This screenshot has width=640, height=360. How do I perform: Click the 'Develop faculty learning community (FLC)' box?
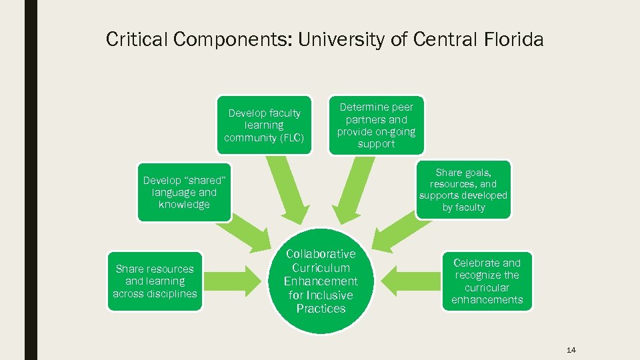click(264, 125)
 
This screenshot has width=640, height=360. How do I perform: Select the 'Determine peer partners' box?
click(376, 125)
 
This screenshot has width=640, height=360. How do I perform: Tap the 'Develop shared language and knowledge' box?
click(184, 193)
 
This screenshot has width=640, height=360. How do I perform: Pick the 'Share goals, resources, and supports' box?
click(463, 189)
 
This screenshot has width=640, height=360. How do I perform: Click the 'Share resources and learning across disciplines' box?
click(155, 281)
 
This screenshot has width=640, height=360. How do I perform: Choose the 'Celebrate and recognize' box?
click(487, 281)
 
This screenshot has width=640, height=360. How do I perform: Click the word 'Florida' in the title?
click(511, 40)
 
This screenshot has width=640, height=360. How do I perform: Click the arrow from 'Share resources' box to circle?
click(240, 272)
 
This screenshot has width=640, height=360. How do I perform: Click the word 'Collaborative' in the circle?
click(321, 254)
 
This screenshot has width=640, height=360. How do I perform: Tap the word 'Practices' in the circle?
click(321, 309)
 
